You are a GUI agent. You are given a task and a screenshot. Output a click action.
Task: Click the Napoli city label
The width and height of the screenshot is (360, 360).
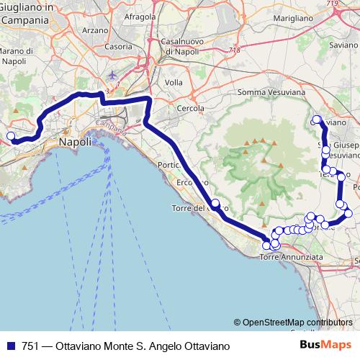(x=75, y=143)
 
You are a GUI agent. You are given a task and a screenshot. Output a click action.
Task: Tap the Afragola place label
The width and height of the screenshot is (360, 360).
(x=140, y=16)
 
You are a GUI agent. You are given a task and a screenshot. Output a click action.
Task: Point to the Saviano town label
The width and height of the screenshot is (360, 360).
(x=344, y=44)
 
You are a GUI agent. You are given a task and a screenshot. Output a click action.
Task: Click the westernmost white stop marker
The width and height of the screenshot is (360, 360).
(x=11, y=136)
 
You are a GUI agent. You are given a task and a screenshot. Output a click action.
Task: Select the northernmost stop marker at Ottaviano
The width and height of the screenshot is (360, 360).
(x=316, y=119)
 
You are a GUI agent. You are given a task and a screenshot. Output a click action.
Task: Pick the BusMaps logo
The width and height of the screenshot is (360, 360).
(x=330, y=346)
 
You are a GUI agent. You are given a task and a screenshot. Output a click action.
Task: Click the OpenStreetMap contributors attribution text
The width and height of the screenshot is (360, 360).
(x=297, y=323)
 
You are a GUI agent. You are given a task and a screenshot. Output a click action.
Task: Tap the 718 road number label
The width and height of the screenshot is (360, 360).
(x=233, y=50)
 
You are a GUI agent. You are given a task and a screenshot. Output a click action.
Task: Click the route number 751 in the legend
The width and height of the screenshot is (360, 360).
(x=30, y=346)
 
